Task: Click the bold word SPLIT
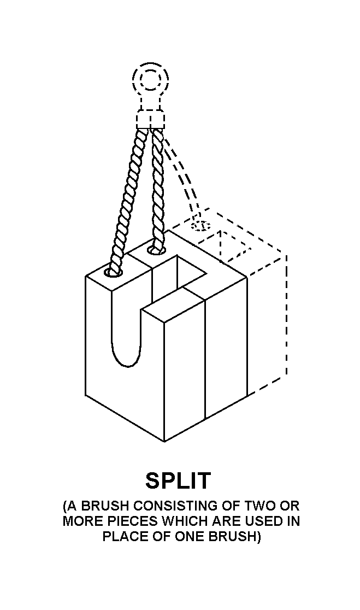pos(178,480)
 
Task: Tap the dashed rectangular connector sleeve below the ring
pos(150,119)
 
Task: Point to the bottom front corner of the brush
pos(164,441)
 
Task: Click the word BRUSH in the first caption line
pos(102,506)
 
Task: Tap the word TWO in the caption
pos(259,506)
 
